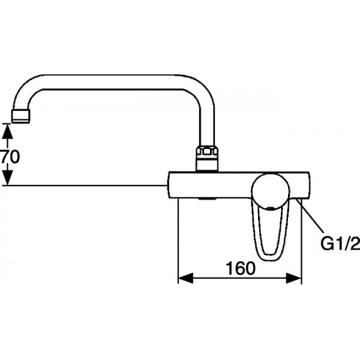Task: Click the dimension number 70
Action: [10, 157]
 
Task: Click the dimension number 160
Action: [241, 268]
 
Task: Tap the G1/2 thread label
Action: [340, 244]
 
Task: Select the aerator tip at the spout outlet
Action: [20, 116]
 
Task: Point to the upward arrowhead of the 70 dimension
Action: [8, 131]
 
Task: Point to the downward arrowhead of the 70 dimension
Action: [8, 177]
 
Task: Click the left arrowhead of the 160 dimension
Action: [185, 278]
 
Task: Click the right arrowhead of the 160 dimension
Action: [293, 278]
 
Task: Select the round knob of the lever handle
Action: [271, 192]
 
